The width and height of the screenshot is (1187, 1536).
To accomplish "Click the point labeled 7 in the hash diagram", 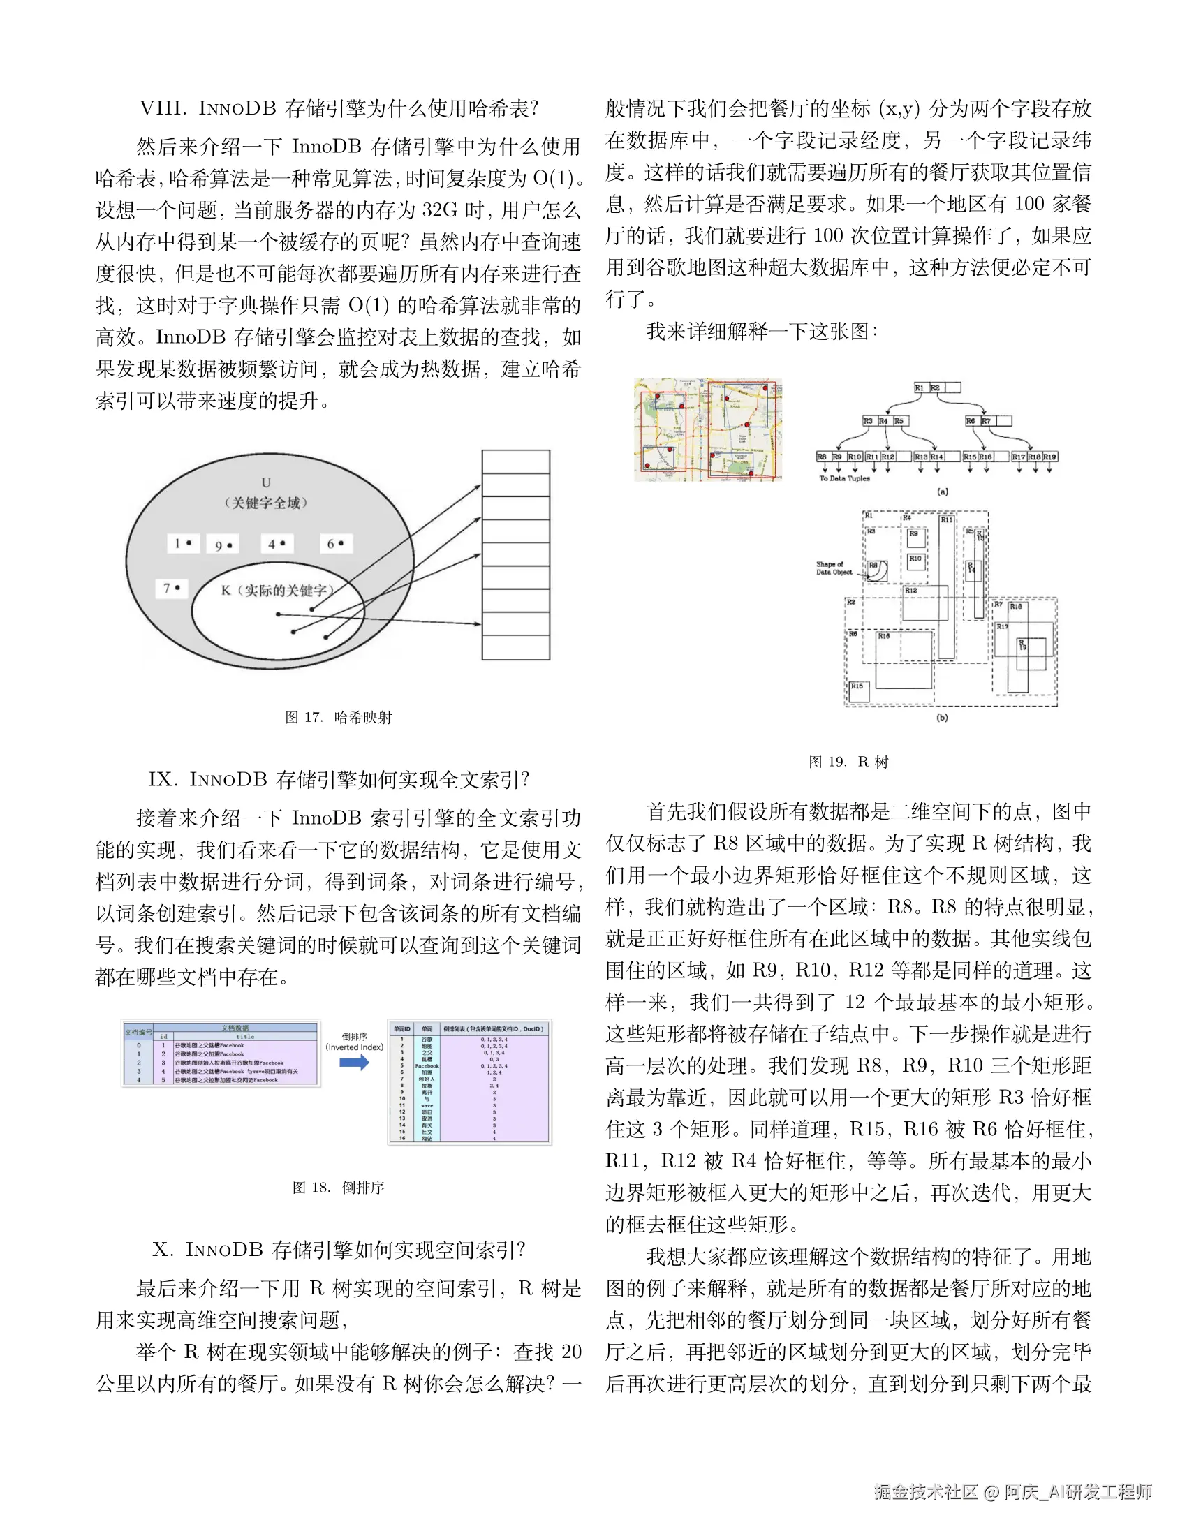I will click(x=172, y=588).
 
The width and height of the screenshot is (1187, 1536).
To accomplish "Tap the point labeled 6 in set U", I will click(x=335, y=544).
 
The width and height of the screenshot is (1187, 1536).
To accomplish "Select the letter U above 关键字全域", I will click(x=266, y=482).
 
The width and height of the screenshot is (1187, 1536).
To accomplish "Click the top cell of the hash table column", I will click(x=515, y=462).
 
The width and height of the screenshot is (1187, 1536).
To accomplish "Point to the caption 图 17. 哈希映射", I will click(x=338, y=717).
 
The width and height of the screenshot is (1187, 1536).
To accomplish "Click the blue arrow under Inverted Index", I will click(x=355, y=1062).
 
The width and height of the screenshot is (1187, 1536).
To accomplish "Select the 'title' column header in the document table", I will click(x=245, y=1036).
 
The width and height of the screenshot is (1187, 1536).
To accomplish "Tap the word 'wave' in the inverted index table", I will click(x=427, y=1106).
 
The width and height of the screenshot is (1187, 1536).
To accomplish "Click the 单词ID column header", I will click(x=402, y=1029).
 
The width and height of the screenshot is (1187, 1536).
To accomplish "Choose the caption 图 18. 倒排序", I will click(x=338, y=1188).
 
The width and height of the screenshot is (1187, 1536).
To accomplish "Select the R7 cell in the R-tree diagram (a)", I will click(x=987, y=421).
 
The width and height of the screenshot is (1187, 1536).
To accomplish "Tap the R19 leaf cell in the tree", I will click(x=1049, y=457).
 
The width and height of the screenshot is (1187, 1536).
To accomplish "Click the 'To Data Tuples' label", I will click(x=844, y=478).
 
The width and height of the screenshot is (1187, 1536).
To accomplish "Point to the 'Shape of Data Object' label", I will click(x=834, y=568).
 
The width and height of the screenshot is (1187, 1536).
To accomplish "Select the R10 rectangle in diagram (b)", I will click(x=915, y=561).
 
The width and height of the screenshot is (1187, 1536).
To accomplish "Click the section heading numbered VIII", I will click(x=339, y=108).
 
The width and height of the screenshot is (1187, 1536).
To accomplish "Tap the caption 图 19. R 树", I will click(x=849, y=762).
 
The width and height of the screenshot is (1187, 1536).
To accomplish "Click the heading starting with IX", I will click(x=339, y=779).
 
